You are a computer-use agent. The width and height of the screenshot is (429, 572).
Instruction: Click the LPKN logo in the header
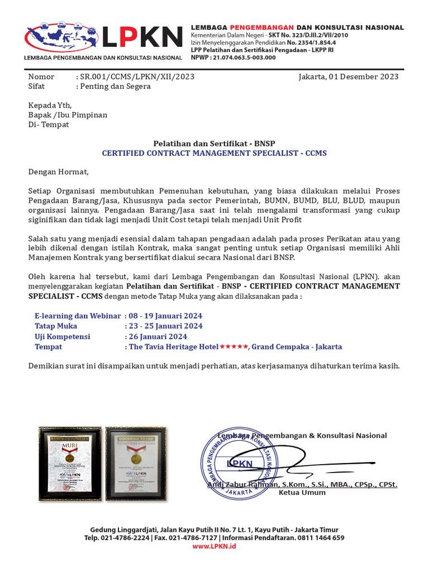click(103, 40)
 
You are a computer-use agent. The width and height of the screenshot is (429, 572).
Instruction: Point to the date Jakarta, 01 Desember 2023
click(349, 77)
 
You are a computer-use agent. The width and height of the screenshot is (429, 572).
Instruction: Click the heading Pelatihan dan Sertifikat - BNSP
click(214, 144)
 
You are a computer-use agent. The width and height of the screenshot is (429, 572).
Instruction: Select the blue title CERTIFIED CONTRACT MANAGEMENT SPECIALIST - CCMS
click(214, 153)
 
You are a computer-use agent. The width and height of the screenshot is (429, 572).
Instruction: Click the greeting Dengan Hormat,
click(59, 172)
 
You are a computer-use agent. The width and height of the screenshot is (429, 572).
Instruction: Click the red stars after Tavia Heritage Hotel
click(233, 347)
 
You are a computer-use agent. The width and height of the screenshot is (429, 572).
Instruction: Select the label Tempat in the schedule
click(49, 347)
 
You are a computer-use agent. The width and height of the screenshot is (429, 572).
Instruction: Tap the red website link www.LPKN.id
click(214, 546)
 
